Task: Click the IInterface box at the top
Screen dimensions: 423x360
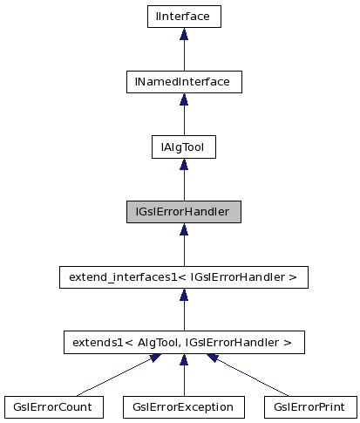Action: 183,16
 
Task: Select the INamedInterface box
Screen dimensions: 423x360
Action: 183,81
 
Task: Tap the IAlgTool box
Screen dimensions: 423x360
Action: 183,147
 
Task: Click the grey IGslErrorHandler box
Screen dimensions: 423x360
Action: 183,212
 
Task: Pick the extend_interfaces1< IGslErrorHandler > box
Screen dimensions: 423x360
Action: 183,277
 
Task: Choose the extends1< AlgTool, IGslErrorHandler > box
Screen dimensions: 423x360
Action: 183,343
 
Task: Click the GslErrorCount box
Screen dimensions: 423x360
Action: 53,406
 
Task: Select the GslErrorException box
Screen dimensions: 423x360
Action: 183,406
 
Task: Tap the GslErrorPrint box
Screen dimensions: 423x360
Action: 309,406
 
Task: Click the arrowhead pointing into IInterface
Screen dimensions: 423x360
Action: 183,34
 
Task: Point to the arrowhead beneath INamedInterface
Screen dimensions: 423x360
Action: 183,99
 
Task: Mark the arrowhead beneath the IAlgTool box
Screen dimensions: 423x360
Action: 183,165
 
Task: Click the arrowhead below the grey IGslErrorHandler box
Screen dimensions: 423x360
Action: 183,230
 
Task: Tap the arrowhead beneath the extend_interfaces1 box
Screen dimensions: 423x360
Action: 183,296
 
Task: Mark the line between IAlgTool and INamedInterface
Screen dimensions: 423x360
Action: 183,120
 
